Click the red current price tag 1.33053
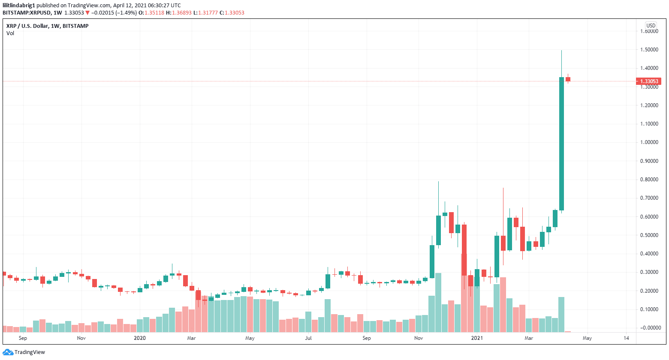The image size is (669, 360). tap(649, 81)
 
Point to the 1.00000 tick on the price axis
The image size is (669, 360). tap(649, 142)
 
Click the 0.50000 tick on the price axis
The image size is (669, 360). tap(649, 235)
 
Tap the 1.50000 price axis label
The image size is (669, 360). tap(649, 50)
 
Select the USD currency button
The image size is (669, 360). tap(651, 26)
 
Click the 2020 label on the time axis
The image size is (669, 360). tap(140, 338)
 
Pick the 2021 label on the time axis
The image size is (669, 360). tap(477, 338)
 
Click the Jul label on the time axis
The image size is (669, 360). tap(308, 338)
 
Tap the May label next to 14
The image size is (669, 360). tap(587, 338)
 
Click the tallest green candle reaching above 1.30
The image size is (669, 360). tap(561, 144)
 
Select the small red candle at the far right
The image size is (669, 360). tap(568, 79)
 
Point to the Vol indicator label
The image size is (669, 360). tap(10, 33)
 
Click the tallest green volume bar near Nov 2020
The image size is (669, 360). tap(438, 303)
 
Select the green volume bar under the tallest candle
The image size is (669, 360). tap(561, 315)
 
